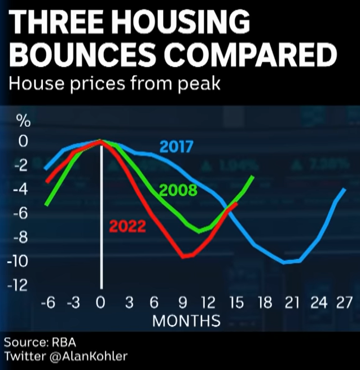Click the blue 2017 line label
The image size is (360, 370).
[x=177, y=147]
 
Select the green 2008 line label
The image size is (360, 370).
[x=178, y=190]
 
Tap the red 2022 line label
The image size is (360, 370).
[x=127, y=227]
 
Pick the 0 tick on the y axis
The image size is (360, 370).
[x=23, y=141]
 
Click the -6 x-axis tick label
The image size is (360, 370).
[x=49, y=303]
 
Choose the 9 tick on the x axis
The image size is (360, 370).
[x=182, y=303]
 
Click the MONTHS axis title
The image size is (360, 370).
[x=186, y=321]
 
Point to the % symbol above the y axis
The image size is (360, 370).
[x=23, y=121]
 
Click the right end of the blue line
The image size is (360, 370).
[x=345, y=190]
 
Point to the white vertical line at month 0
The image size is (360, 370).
[x=102, y=226]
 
